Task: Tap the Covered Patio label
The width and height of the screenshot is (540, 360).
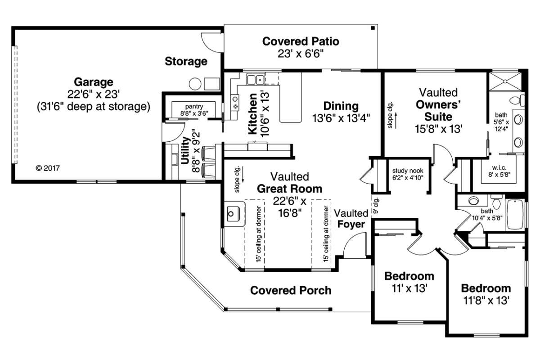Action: click(301, 42)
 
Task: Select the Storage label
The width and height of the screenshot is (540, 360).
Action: click(186, 61)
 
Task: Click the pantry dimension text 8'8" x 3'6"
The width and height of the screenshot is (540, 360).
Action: click(194, 113)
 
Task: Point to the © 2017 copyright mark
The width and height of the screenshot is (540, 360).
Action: click(48, 168)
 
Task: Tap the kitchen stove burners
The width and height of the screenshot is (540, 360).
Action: click(235, 102)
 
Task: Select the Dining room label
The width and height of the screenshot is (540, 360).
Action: click(341, 107)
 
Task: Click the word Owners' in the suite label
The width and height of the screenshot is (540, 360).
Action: click(438, 105)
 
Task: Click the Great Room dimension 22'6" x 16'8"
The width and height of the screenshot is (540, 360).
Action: click(289, 207)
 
